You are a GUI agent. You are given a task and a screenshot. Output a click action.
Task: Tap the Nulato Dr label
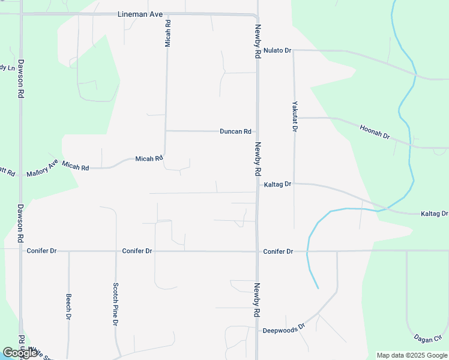(277, 50)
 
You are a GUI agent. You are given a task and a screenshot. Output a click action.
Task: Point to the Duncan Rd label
(235, 131)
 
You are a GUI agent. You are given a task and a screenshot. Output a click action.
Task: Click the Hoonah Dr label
(375, 132)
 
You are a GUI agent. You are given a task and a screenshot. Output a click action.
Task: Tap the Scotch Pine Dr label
(115, 304)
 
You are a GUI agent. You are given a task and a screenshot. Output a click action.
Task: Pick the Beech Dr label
(69, 306)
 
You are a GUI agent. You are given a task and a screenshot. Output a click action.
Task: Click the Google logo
(20, 353)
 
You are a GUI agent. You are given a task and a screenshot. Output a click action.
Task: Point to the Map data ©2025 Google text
(411, 355)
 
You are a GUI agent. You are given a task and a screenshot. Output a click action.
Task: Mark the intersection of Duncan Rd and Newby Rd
(258, 131)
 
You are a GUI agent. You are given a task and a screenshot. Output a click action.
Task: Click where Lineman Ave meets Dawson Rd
(21, 13)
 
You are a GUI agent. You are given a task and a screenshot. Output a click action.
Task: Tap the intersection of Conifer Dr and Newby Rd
(258, 251)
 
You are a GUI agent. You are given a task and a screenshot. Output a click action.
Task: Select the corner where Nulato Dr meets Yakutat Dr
(294, 51)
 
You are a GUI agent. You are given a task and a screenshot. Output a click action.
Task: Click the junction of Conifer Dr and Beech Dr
(68, 251)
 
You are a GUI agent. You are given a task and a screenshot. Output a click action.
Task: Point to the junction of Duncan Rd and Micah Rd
(165, 131)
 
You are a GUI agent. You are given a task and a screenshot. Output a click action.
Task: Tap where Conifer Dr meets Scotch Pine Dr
(115, 251)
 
